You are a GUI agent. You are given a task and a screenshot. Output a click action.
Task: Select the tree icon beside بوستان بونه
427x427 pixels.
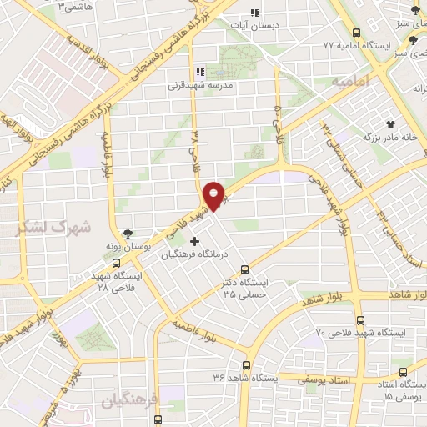(x=128, y=234)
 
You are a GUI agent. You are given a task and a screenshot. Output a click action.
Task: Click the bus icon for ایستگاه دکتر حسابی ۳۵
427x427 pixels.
(x=244, y=269)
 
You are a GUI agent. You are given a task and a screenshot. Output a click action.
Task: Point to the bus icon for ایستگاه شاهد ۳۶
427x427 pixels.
(x=246, y=365)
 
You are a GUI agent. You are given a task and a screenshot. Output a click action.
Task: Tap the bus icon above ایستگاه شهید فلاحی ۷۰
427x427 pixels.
(x=359, y=320)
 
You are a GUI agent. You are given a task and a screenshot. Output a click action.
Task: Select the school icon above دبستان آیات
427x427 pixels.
(x=255, y=13)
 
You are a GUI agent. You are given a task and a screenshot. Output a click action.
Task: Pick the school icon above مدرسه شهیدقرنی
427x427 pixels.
(x=198, y=72)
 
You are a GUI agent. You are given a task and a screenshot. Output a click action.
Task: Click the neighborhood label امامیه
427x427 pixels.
(x=348, y=84)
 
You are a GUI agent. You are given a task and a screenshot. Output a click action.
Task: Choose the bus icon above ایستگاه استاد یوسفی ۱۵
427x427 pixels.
(x=404, y=372)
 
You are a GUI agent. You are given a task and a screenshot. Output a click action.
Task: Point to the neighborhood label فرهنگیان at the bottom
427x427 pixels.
(x=126, y=401)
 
